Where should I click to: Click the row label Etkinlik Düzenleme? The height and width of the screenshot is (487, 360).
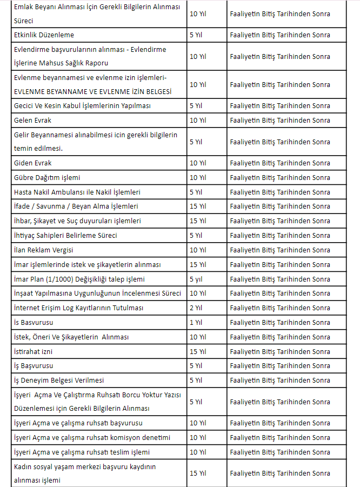[x=44, y=35]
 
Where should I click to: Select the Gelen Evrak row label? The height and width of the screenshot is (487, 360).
[x=33, y=120]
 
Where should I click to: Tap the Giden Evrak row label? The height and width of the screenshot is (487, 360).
[x=33, y=163]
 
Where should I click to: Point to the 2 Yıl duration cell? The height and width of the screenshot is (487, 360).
[x=196, y=308]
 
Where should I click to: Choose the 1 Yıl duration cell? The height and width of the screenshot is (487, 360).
[x=196, y=322]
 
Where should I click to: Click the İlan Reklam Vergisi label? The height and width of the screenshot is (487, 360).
[x=44, y=250]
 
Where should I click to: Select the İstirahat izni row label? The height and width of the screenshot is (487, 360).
[x=33, y=351]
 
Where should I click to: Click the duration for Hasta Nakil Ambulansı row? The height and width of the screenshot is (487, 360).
[x=196, y=192]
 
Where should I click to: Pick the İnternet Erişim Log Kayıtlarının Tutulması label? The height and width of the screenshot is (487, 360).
[x=78, y=308]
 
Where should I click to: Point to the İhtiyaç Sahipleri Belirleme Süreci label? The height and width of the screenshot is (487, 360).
[x=65, y=235]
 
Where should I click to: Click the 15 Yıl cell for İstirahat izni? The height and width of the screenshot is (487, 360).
[x=198, y=351]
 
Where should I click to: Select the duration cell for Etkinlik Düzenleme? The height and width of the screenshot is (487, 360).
[x=196, y=35]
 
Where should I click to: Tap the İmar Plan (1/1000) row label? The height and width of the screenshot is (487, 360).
[x=79, y=279]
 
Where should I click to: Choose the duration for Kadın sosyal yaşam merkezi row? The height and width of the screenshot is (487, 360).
[x=198, y=473]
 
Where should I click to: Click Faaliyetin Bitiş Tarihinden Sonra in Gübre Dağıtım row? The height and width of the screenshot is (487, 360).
[x=280, y=177]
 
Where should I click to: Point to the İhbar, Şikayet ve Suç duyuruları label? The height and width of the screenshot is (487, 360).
[x=77, y=221]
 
